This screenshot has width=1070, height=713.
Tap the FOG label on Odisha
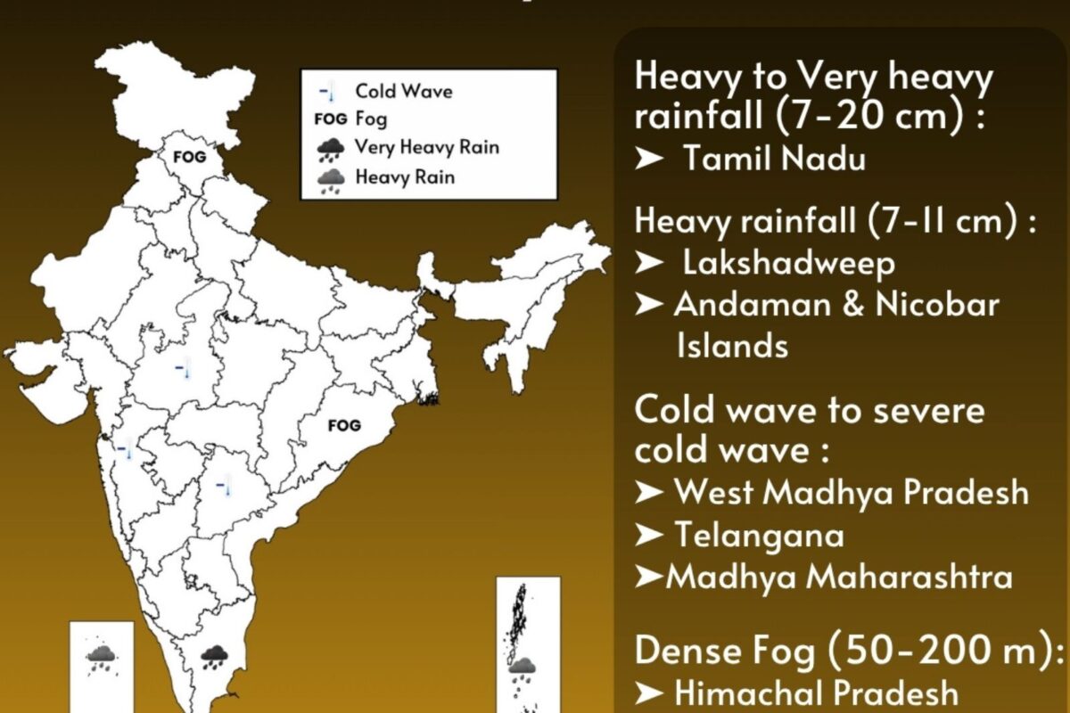(x=344, y=426)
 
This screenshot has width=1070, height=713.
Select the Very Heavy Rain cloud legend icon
(x=331, y=148)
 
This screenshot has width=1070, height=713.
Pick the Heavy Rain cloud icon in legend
(x=331, y=179)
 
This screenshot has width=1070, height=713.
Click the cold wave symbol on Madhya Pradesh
(x=182, y=368)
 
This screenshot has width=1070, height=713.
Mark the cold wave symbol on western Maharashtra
(x=125, y=448)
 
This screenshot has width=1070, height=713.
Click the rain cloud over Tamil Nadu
(x=214, y=658)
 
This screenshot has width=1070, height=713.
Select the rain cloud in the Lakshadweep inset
(x=101, y=659)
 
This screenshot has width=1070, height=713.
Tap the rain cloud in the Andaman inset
(x=522, y=667)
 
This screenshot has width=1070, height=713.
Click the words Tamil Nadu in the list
(x=775, y=160)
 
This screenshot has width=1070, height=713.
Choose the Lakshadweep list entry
(x=788, y=264)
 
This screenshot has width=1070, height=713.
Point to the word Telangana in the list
(x=759, y=535)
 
